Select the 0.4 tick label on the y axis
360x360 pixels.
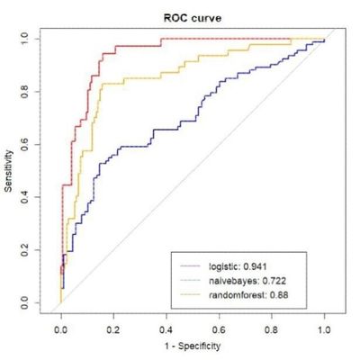click(34, 196)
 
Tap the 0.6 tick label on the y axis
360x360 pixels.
click(34, 144)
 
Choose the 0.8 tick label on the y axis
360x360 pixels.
click(34, 91)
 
